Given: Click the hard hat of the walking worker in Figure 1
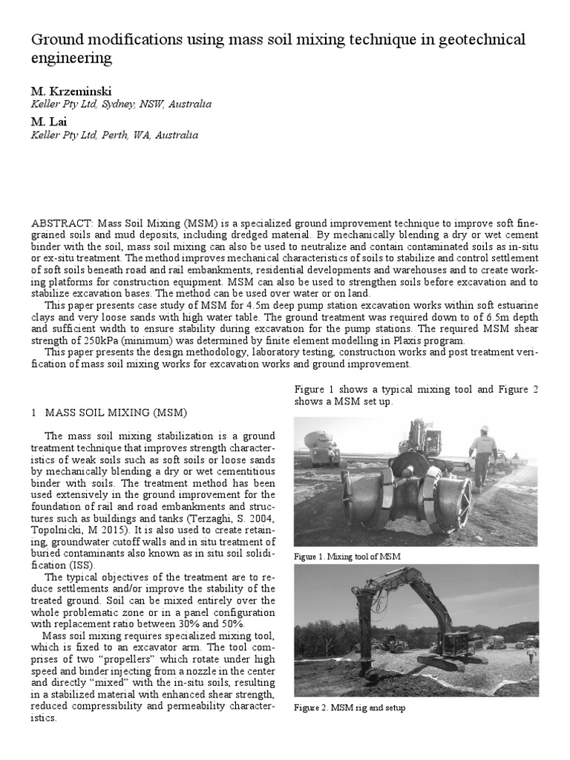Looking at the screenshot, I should click(485, 429).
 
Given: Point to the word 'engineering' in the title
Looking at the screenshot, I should click(72, 58).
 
